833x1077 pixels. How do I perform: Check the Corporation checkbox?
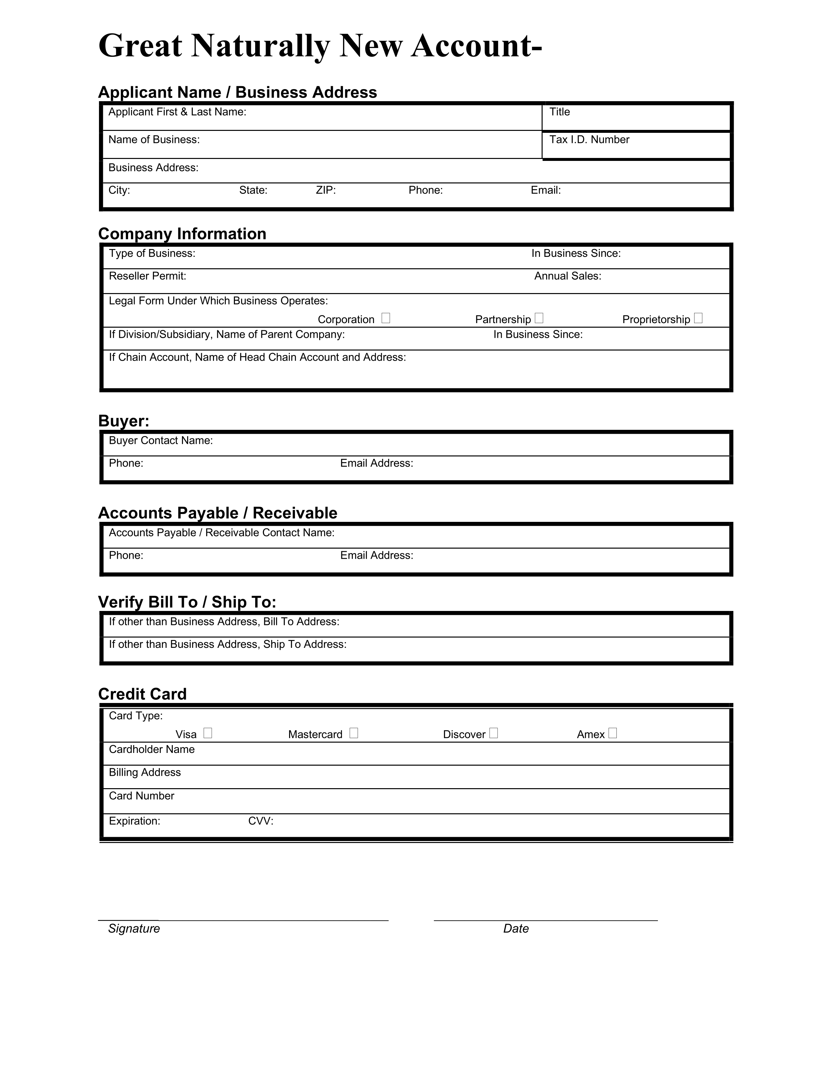(386, 318)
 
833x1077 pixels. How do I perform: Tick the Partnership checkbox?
(539, 318)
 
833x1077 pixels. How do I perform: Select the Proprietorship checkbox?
(698, 318)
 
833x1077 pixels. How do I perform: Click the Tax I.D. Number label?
(589, 140)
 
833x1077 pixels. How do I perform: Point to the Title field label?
(560, 112)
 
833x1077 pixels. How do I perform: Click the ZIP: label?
(326, 190)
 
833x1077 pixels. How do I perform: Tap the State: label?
(253, 190)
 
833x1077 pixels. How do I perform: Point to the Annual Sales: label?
(567, 276)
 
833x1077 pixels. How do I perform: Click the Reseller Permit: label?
(148, 276)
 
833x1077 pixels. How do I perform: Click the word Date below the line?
(516, 929)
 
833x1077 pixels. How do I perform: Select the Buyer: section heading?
(124, 421)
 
